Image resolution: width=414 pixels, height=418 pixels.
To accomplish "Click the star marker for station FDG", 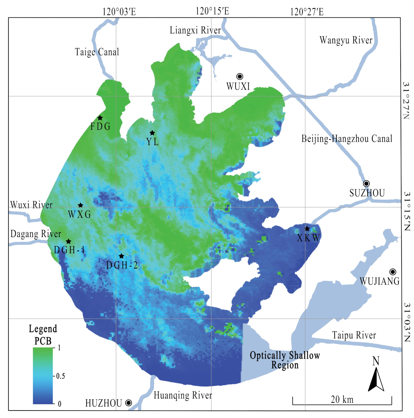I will pos(100,118).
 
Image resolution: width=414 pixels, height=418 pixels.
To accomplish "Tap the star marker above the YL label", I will pos(152,133).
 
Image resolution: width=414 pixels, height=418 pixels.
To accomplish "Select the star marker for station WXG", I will pos(80,205).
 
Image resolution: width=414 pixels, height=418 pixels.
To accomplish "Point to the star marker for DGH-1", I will pos(69,241).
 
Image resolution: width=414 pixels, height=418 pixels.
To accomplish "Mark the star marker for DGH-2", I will pos(121,256).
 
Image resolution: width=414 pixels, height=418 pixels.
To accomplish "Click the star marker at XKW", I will pos(307,229).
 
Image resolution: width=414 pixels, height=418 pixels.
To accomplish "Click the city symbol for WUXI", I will pos(240,76).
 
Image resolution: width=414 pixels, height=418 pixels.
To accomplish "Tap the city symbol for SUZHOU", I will pos(366,183).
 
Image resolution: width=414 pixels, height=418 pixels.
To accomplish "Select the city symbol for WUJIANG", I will pos(393,272).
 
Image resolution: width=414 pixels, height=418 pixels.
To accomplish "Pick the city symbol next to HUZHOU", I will pos(128,403).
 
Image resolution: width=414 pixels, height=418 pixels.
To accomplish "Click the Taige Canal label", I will pos(97,52).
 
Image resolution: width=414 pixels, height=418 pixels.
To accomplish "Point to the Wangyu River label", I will pos(346,40).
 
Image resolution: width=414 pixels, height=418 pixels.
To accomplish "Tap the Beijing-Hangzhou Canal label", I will pos(347,139).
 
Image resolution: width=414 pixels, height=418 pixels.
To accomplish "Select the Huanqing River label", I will pos(183,395).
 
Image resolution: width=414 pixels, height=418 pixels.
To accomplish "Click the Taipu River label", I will pos(354,335).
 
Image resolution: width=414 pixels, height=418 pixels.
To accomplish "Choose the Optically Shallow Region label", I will pos(285,360).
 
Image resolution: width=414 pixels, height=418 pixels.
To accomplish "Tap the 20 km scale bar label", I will pos(342,399).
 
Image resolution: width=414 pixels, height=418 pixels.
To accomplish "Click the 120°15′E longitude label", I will pos(212,11).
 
